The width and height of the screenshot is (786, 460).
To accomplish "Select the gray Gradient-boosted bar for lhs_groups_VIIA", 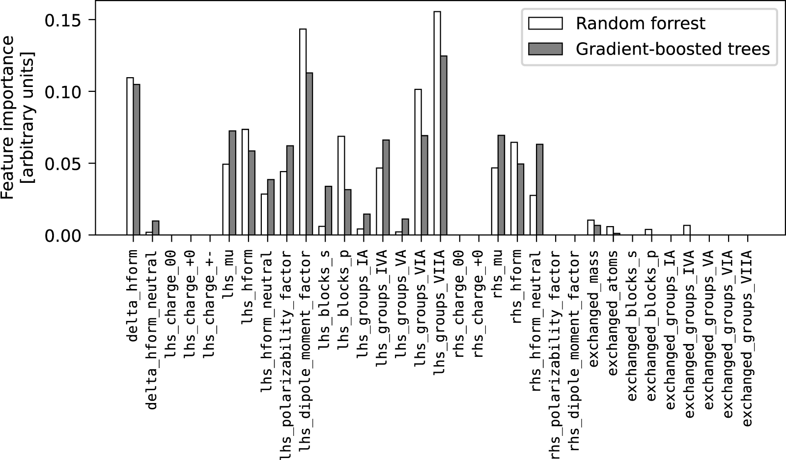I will tap(444, 145).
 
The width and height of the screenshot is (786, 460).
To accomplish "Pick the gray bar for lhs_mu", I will tap(232, 183).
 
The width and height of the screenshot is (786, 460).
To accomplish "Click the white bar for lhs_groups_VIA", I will tap(418, 162).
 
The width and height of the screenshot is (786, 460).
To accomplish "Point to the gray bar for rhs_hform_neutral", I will tap(539, 190).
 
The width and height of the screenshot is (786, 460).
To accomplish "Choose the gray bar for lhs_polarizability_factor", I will tap(290, 190).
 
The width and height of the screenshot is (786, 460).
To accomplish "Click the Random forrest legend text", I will tap(641, 23).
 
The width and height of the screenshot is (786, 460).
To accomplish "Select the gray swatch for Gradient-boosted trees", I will tap(545, 49).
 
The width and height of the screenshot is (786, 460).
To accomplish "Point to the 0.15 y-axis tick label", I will tap(61, 20).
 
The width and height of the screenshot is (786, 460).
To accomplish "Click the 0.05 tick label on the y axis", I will tap(61, 164).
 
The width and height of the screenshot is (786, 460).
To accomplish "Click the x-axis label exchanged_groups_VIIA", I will tap(747, 339).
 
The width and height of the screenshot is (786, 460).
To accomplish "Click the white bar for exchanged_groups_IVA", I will tap(687, 230).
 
